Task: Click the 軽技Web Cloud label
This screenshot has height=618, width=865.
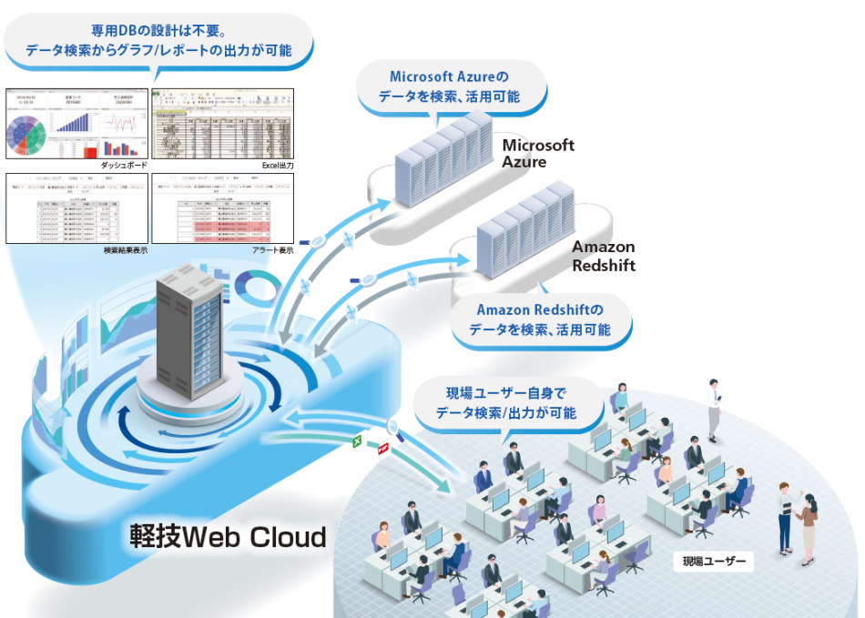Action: pos(227,537)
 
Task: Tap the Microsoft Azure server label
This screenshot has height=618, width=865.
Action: pos(538,154)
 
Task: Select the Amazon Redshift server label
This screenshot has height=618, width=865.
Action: pos(603,256)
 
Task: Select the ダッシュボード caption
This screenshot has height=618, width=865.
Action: pos(126,165)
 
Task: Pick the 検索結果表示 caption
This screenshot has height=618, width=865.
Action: pos(126,248)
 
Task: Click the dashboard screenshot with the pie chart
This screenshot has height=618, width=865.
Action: pos(77,123)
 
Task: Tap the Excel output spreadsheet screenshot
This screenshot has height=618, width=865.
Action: pos(224,123)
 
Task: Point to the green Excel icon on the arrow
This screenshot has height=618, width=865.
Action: pos(358,442)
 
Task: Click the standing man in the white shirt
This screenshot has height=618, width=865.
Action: pos(714,400)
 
